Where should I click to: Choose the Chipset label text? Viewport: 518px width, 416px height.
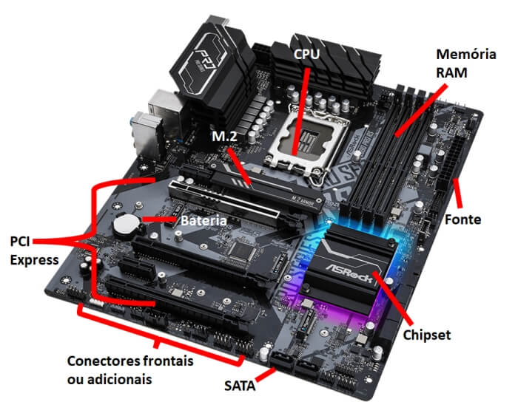click(427, 335)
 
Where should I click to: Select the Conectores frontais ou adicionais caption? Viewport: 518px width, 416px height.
click(129, 370)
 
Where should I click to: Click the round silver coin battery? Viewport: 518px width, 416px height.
click(125, 223)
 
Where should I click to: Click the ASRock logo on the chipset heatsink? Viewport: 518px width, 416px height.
click(347, 259)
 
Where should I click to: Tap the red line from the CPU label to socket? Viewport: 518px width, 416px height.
click(300, 107)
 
